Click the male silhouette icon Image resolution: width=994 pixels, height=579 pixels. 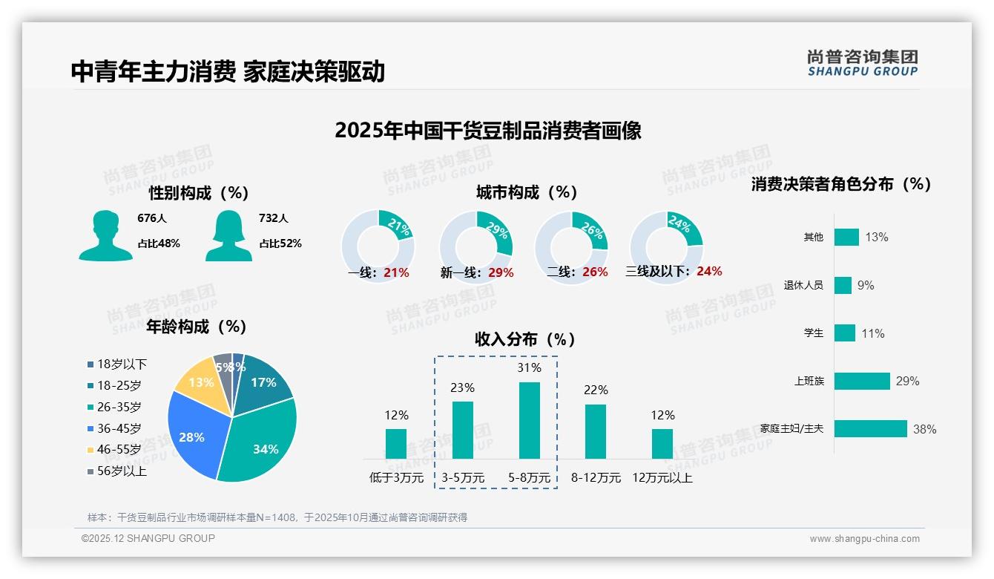(105, 235)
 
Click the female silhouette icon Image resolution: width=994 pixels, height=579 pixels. (228, 235)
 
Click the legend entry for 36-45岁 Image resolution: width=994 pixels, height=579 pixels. (114, 428)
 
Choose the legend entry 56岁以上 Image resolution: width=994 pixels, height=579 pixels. (116, 471)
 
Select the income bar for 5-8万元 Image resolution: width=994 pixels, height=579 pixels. (529, 420)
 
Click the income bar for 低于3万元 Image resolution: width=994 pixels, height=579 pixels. (396, 443)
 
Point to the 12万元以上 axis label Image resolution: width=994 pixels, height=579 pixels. (662, 478)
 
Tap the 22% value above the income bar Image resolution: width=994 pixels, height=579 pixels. (596, 390)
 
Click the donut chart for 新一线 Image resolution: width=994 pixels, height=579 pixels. (476, 247)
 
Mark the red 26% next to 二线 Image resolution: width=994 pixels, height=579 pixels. (595, 272)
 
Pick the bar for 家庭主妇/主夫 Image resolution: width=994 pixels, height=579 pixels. (870, 428)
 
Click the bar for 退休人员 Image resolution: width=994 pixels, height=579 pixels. (843, 285)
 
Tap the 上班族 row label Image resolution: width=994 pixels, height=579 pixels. (809, 381)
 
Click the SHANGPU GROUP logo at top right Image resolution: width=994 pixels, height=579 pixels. (862, 63)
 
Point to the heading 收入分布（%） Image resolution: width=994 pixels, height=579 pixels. (525, 339)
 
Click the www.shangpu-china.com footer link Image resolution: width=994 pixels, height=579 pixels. (864, 539)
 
